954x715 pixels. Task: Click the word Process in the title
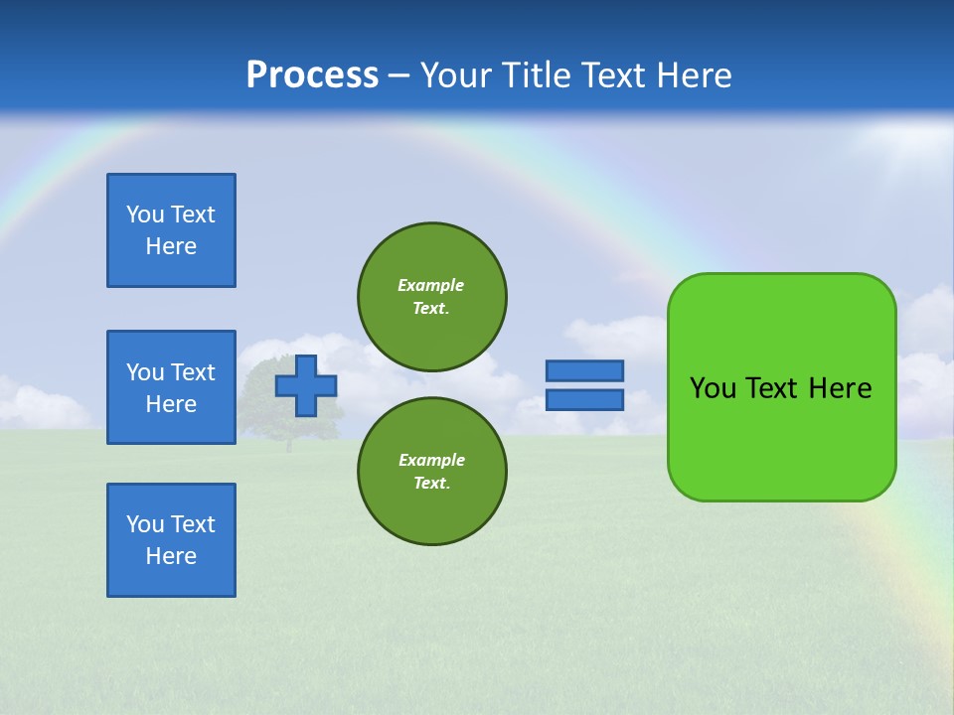tap(312, 75)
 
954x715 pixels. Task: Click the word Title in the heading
tap(535, 75)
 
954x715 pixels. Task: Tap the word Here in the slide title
tap(693, 75)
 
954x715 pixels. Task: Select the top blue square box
tap(171, 230)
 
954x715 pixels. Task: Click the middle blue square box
tap(171, 387)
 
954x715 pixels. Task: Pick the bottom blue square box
tap(171, 540)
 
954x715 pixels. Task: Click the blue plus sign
tap(305, 386)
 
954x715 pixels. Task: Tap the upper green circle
tap(432, 297)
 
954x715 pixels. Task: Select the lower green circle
tap(432, 472)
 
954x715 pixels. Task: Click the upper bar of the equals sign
tap(584, 370)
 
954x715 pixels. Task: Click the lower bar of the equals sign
tap(584, 400)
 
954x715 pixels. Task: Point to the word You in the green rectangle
tap(713, 388)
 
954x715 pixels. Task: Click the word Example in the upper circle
tap(430, 285)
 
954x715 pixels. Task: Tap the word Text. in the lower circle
tap(431, 484)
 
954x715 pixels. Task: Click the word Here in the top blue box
tap(171, 246)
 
